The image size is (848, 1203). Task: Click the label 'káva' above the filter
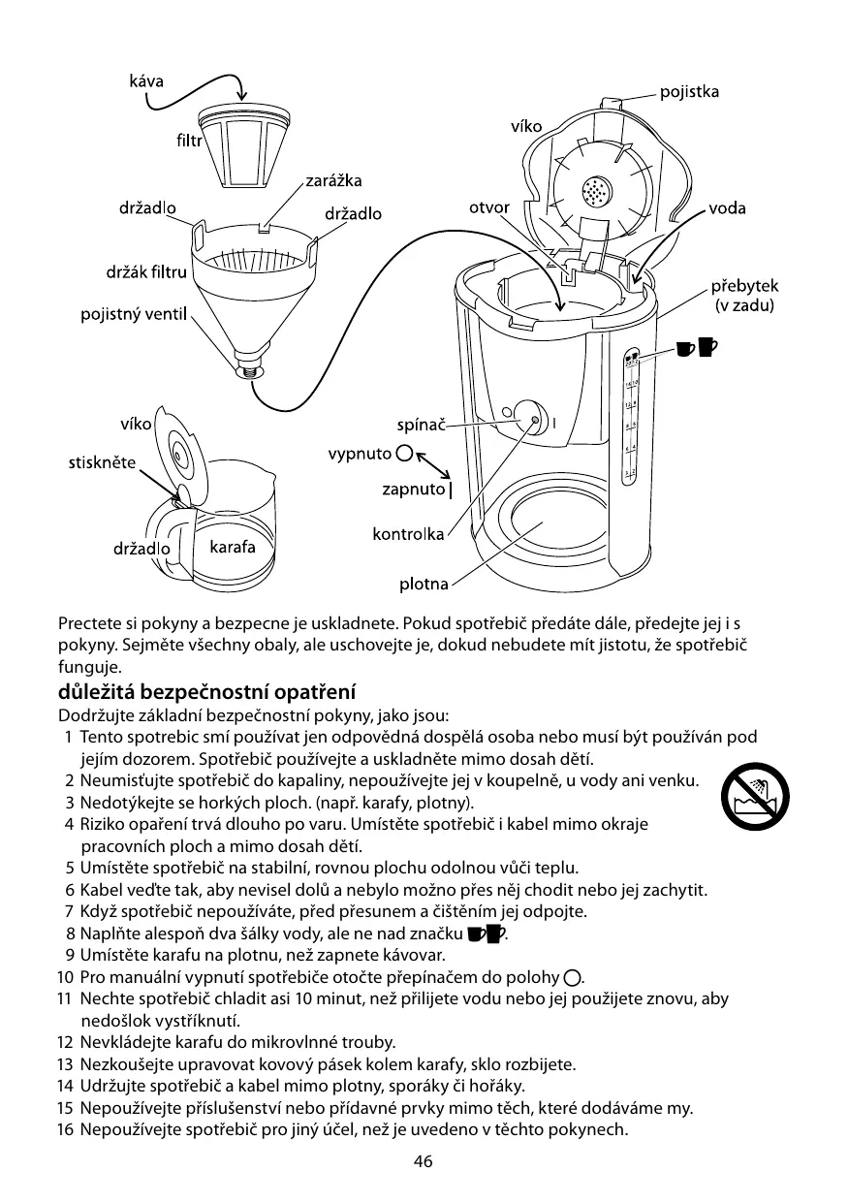pos(146,81)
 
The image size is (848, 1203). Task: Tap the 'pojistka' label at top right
pos(689,93)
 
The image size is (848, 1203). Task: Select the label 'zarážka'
pos(333,181)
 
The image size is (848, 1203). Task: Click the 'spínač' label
pos(422,425)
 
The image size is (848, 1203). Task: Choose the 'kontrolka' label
pos(408,533)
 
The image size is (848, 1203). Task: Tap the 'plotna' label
pos(424,584)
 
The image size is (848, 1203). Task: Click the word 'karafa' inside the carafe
pos(233,547)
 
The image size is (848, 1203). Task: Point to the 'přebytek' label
pos(745,287)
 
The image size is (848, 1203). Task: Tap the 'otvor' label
pos(489,208)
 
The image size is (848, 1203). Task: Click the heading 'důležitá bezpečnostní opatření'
pos(207,693)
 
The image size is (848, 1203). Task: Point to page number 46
pos(423,1162)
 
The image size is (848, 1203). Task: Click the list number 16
pos(65,1130)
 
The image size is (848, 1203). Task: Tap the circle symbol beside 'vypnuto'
pos(405,454)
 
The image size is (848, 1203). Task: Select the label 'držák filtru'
pos(145,271)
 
